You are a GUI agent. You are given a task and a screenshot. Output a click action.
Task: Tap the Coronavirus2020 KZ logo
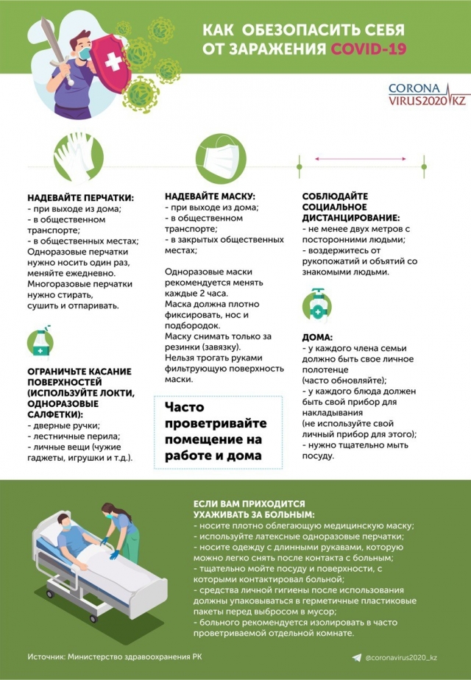tap(427, 93)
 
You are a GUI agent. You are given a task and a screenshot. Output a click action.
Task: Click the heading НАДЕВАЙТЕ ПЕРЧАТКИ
tap(81, 198)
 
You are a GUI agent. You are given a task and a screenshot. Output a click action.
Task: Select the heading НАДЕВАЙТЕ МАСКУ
tap(210, 196)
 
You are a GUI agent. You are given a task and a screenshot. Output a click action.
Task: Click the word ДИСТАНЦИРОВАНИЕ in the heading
tap(351, 218)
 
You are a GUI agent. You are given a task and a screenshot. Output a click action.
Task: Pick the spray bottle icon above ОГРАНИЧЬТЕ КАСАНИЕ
tap(40, 340)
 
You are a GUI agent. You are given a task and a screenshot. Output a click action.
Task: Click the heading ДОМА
tap(318, 337)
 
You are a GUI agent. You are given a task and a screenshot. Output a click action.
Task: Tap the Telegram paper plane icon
tap(357, 656)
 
